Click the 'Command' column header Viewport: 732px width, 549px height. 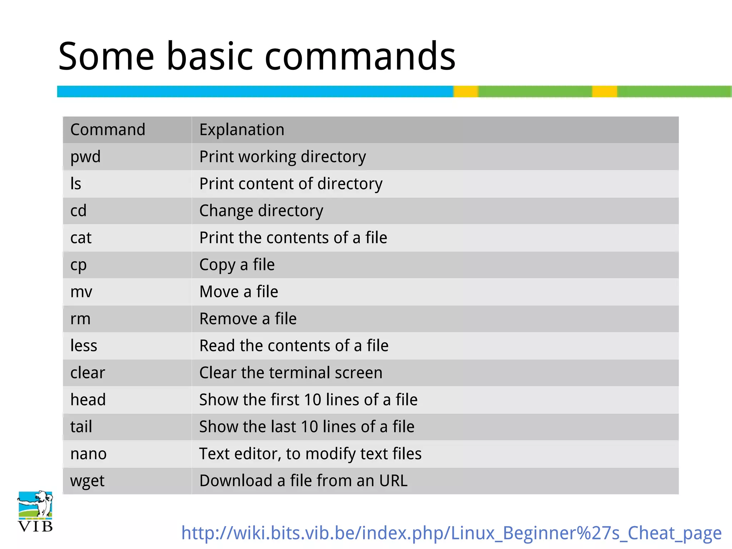108,130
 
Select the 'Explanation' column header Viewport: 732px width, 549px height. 242,130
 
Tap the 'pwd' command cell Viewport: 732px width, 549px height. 85,157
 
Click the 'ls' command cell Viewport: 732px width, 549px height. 76,184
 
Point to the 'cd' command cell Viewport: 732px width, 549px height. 78,211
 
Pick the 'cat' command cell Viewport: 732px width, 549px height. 81,238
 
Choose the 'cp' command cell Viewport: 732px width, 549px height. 78,265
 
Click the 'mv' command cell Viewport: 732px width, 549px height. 81,292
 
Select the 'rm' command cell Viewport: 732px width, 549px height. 80,319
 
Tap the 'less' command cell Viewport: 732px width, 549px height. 84,346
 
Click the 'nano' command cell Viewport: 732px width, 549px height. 88,454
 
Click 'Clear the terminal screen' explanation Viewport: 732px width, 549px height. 291,373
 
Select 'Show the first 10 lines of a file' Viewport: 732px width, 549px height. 308,400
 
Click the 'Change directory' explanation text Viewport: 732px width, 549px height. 261,211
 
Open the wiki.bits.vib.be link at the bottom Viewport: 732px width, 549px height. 451,533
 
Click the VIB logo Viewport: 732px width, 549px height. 35,511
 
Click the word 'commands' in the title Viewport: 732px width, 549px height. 360,56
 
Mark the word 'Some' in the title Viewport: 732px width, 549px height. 106,56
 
